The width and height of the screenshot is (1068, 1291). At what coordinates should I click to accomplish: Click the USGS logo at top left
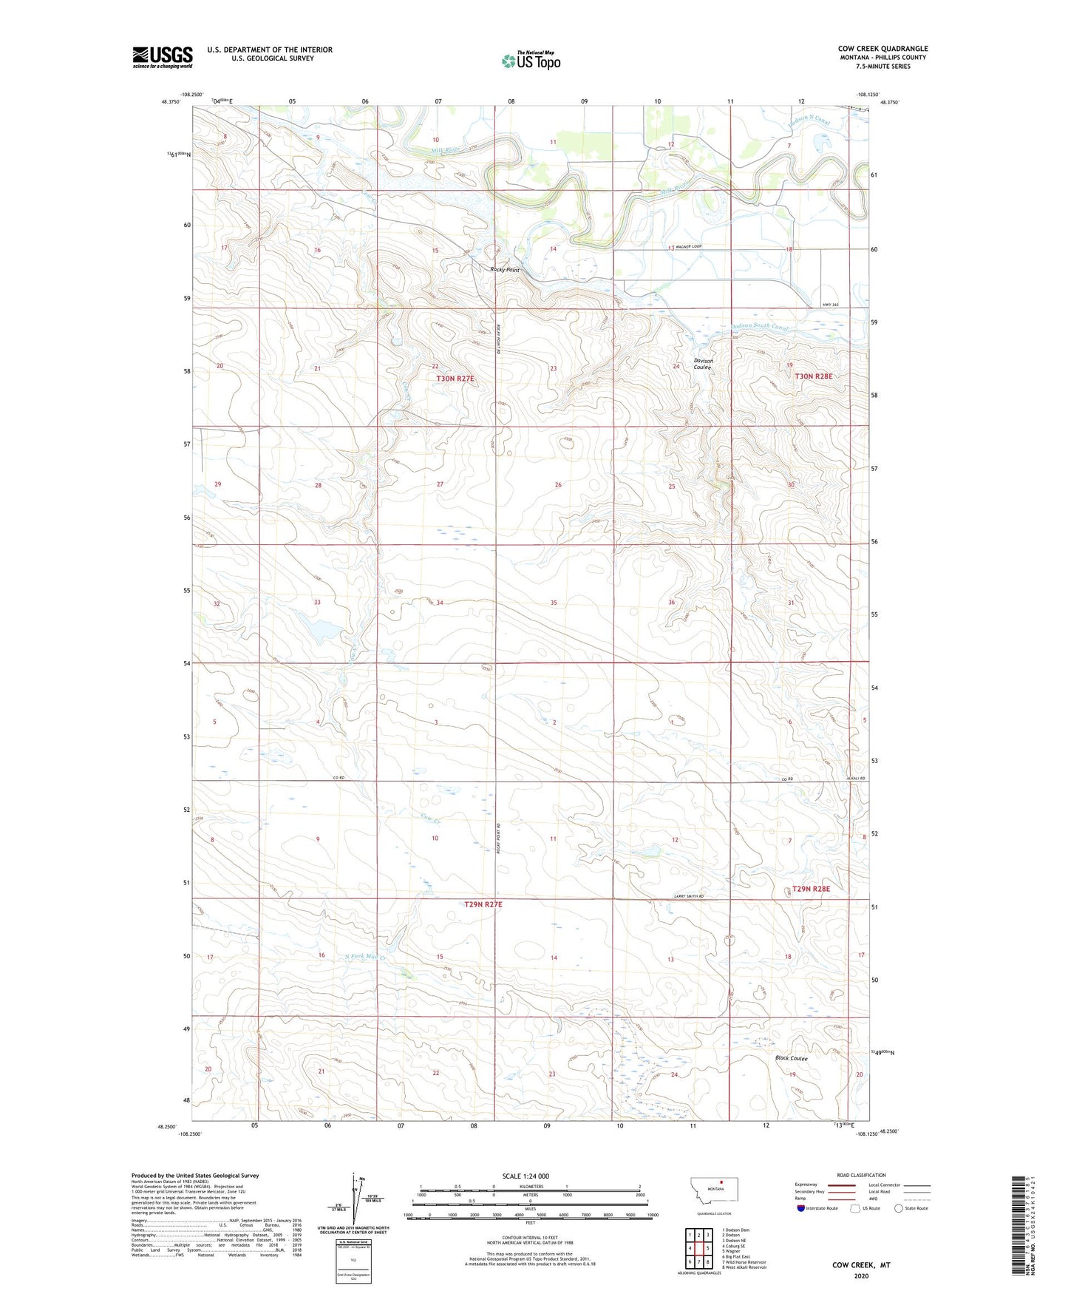tap(163, 57)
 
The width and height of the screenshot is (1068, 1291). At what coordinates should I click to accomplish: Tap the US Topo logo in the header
tap(530, 61)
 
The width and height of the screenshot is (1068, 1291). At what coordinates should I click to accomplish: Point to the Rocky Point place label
tap(505, 270)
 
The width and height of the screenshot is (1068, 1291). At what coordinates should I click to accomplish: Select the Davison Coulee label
tap(702, 364)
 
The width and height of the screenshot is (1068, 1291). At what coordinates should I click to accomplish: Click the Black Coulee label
tap(791, 1058)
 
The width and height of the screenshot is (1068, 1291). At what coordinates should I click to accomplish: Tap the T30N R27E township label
tap(455, 379)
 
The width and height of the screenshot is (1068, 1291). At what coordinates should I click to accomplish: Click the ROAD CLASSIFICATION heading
tap(861, 1175)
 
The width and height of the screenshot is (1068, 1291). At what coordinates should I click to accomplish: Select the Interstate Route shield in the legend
tap(801, 1209)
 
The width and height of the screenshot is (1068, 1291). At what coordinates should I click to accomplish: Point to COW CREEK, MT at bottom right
tap(861, 1265)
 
